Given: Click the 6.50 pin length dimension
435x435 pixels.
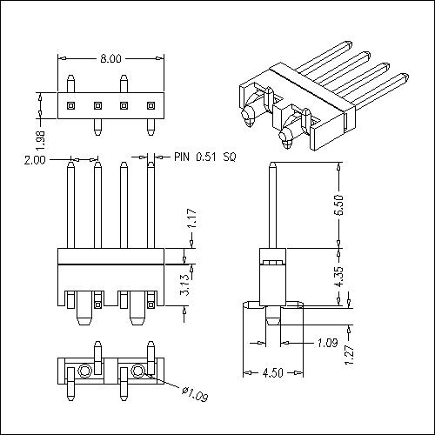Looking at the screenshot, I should [x=348, y=204].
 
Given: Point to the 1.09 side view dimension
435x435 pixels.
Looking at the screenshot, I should [x=327, y=343].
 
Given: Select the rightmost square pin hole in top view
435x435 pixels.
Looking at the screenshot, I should [x=150, y=105].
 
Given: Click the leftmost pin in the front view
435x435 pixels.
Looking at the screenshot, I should [x=70, y=209].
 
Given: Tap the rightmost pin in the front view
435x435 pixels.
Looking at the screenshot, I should [x=150, y=209].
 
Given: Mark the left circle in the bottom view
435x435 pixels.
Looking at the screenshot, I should [x=85, y=372].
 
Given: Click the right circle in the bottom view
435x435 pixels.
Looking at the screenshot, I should [x=138, y=372].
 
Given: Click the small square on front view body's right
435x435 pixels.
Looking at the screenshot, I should [x=150, y=304].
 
